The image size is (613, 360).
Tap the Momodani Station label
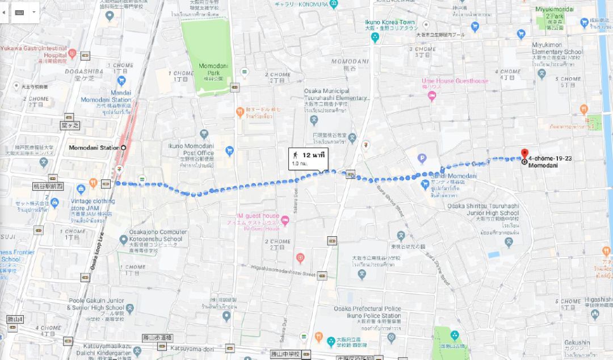pos(94,148)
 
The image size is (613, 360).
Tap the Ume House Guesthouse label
pos(455,81)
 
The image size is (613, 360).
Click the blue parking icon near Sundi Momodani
pos(422,159)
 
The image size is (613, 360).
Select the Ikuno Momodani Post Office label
pos(191,149)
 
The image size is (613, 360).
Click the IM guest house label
pos(258,216)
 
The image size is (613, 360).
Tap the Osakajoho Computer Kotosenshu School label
pos(158,236)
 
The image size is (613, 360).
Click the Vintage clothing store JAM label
pos(93,204)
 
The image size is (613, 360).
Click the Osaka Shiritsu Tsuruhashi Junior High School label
pos(483,210)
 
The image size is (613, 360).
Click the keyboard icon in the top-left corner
pos(19,12)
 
